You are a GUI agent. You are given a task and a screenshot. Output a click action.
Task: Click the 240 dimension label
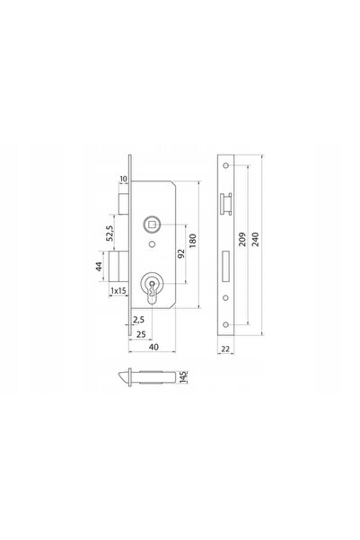[x=256, y=239]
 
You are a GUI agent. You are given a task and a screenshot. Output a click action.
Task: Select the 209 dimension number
[x=242, y=239]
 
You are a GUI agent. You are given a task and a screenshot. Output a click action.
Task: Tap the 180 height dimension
[x=193, y=241]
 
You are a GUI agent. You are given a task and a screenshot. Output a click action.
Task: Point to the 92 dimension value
[x=181, y=253]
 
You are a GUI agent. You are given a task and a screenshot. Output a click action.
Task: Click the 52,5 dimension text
[x=110, y=233]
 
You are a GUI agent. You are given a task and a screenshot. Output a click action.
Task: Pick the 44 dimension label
[x=99, y=266]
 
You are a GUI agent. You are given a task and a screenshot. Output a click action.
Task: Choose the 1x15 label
[x=118, y=291]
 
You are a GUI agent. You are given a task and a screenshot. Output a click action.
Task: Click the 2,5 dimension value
[x=138, y=320]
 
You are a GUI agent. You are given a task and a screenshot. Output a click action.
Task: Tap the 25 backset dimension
[x=141, y=334]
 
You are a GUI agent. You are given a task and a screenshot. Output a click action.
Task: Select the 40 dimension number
[x=154, y=347]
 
